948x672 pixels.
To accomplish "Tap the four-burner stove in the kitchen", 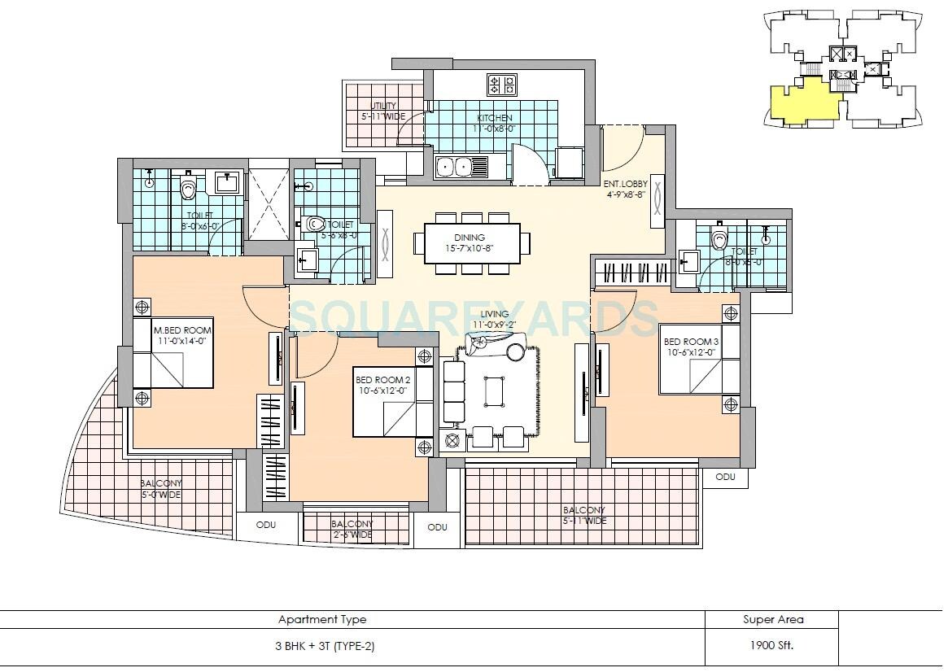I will (502, 84).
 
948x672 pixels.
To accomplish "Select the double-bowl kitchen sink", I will (461, 167).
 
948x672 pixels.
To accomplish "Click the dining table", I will (471, 242).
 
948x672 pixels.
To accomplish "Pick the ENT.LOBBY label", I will (624, 190).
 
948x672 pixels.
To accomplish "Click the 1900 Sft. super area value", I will (771, 647).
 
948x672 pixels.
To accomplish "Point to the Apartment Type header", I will (322, 619).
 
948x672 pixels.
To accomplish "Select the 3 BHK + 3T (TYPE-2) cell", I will (324, 647).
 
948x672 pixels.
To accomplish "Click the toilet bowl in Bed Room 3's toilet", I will (719, 239).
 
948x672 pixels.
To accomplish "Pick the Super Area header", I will (772, 619).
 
